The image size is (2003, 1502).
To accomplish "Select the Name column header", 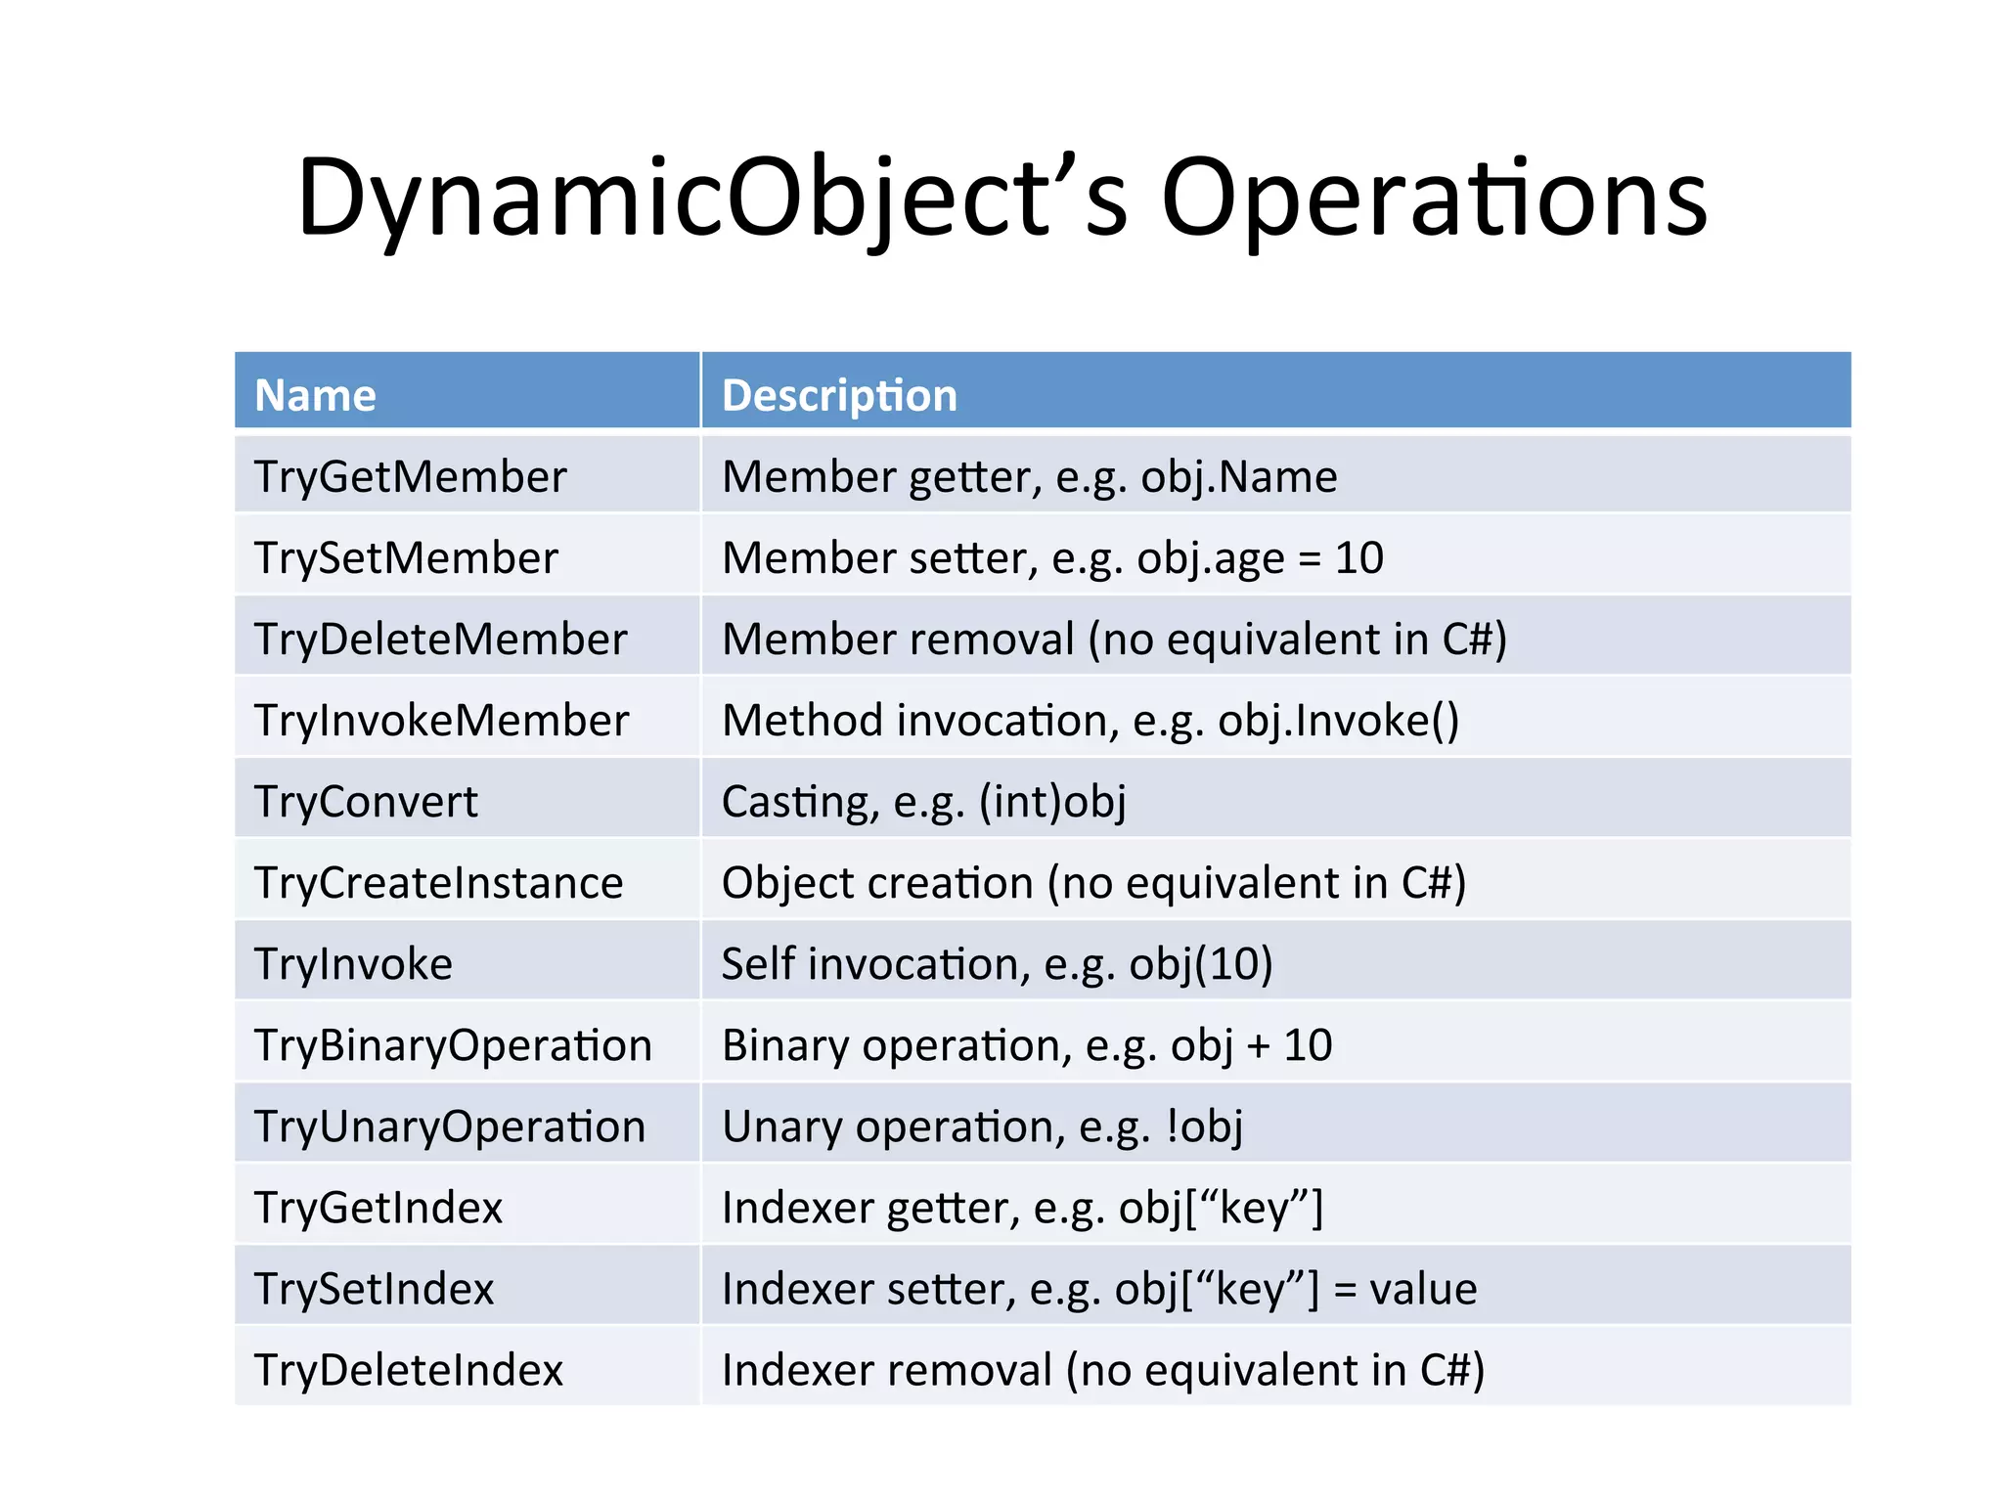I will (x=315, y=395).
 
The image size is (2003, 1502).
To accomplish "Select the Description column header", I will (x=839, y=395).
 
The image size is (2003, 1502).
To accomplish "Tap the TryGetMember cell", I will (x=410, y=477).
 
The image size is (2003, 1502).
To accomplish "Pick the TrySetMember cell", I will (x=406, y=558).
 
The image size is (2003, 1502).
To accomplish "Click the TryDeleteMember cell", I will (x=440, y=640).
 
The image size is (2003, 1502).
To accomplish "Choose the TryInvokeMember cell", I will (x=441, y=721).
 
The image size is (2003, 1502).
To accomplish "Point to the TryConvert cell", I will (x=366, y=802).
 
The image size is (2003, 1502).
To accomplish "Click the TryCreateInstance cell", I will (x=438, y=883).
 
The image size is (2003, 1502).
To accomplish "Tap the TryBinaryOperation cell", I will (x=453, y=1045).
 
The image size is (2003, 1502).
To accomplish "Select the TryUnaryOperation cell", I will (x=450, y=1126).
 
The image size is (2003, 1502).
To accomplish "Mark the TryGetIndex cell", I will (x=378, y=1208).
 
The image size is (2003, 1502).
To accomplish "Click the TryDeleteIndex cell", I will (x=408, y=1370).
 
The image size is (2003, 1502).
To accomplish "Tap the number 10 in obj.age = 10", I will (x=1358, y=558).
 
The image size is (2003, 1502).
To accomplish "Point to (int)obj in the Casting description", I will (x=1052, y=802).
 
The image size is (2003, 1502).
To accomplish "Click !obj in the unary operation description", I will (x=1204, y=1126).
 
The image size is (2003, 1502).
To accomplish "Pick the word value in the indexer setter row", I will (x=1423, y=1289).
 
